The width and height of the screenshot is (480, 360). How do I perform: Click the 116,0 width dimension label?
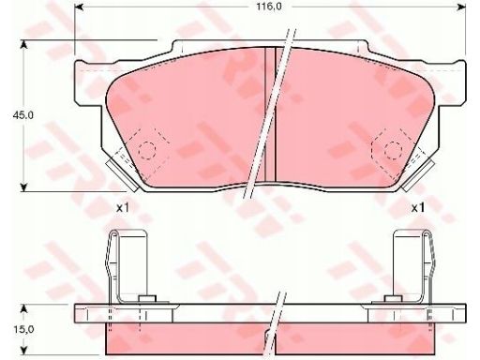click(x=269, y=7)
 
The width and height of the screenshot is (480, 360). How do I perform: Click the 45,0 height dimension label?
click(x=22, y=115)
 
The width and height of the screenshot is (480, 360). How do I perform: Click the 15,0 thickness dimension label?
click(x=23, y=329)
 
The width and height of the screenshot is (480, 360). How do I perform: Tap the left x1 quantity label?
click(x=122, y=208)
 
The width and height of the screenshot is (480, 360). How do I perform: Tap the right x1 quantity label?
click(x=417, y=208)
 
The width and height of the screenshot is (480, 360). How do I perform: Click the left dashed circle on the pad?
click(x=147, y=150)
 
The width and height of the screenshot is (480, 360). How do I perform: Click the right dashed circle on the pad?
click(x=393, y=150)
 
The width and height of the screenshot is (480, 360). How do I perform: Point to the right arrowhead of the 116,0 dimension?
click(x=462, y=7)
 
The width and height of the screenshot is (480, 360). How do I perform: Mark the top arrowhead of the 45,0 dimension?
click(x=23, y=44)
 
